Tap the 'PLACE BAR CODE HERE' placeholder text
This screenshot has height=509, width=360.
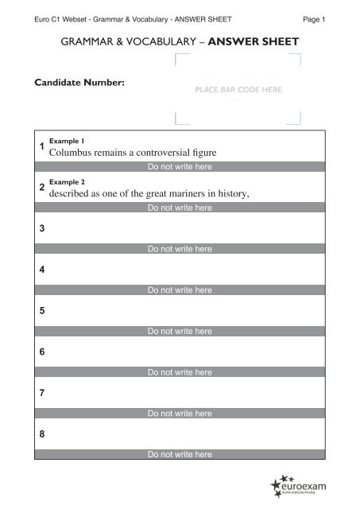click(x=238, y=91)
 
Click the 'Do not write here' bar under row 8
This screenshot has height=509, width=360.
click(x=180, y=455)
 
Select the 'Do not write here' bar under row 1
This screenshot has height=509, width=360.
click(x=180, y=167)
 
